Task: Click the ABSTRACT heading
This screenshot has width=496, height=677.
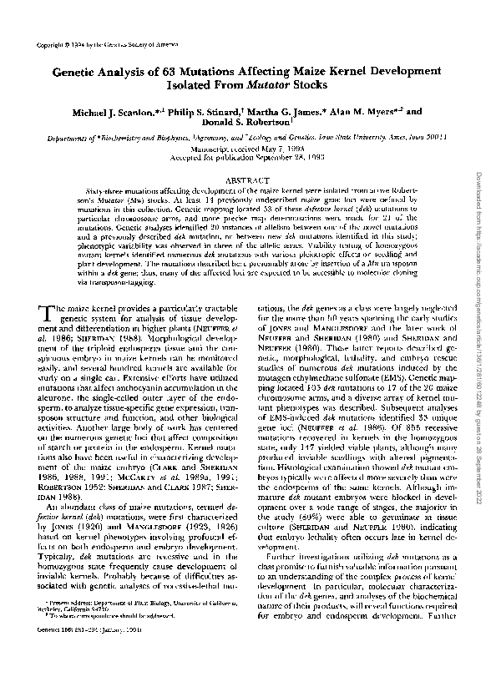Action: [x=247, y=179]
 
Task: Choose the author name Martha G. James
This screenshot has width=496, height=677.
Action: [x=281, y=110]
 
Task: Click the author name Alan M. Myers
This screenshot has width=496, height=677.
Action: [x=361, y=110]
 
